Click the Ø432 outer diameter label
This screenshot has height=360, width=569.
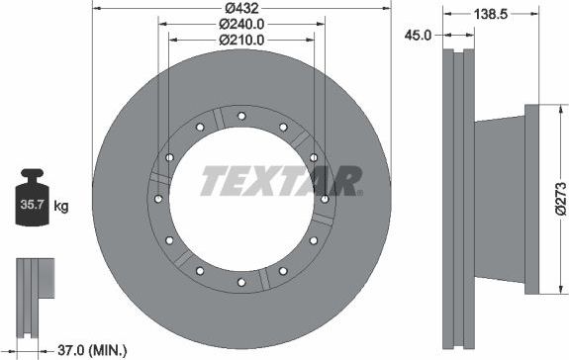(x=240, y=8)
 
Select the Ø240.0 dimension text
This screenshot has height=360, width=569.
(x=240, y=24)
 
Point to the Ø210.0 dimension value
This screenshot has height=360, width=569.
(x=240, y=40)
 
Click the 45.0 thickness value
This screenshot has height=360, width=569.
(x=420, y=35)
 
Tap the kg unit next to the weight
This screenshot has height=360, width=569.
(x=61, y=207)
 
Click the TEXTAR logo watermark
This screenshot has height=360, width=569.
(x=281, y=181)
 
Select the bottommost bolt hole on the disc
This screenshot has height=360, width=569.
(x=241, y=283)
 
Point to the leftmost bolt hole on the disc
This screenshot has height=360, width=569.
(x=157, y=199)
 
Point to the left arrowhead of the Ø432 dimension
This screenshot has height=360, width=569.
(x=95, y=8)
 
